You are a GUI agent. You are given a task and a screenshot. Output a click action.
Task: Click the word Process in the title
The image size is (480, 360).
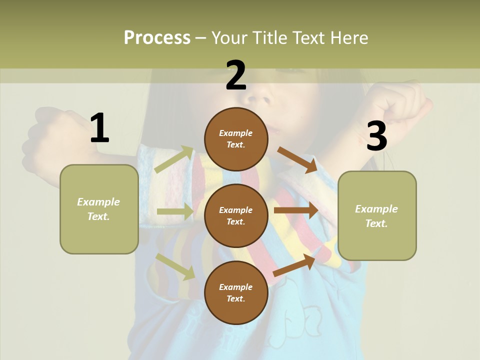tap(157, 37)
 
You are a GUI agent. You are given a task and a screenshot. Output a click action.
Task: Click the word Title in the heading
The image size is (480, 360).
tap(270, 37)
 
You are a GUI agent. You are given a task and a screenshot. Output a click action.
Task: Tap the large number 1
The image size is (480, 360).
tap(99, 128)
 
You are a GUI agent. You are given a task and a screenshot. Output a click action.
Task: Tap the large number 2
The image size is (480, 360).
tap(236, 75)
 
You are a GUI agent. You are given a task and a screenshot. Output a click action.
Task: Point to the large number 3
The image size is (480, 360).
tap(376, 136)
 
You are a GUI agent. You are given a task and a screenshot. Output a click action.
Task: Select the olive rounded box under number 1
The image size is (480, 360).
tap(99, 209)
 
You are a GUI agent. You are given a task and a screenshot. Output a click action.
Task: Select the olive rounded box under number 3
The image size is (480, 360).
tap(377, 215)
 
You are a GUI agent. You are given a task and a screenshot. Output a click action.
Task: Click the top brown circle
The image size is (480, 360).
tap(236, 138)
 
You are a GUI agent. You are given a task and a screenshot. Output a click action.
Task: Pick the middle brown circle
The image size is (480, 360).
tap(236, 215)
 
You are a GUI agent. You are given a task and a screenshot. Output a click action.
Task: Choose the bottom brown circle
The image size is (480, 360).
tap(236, 292)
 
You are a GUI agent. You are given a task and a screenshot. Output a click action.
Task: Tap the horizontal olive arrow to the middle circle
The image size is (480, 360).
tap(175, 211)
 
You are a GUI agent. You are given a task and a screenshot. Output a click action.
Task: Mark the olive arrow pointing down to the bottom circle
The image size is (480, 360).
tap(175, 266)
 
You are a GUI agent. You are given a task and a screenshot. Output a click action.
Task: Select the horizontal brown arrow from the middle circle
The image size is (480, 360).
tap(295, 210)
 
